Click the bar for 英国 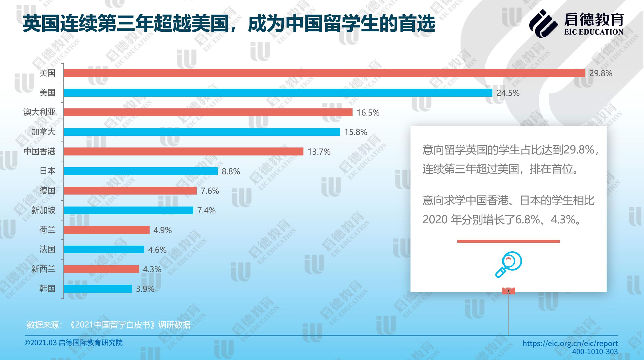(x=324, y=73)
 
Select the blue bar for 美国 (x=278, y=93)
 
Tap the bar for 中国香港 (x=183, y=151)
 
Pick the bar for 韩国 (x=98, y=289)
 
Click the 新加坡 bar (x=128, y=210)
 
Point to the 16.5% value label (x=368, y=113)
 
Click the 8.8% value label (x=231, y=171)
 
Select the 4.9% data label (x=162, y=230)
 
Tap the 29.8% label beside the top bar (x=601, y=74)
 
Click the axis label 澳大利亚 (x=39, y=112)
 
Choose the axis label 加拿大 (x=43, y=132)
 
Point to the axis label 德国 (x=47, y=190)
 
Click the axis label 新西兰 (x=43, y=269)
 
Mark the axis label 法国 (x=47, y=249)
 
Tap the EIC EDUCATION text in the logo (x=593, y=32)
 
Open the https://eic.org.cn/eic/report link (x=570, y=343)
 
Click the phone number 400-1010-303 (x=595, y=352)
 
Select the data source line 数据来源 (x=108, y=325)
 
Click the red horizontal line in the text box (x=508, y=241)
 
